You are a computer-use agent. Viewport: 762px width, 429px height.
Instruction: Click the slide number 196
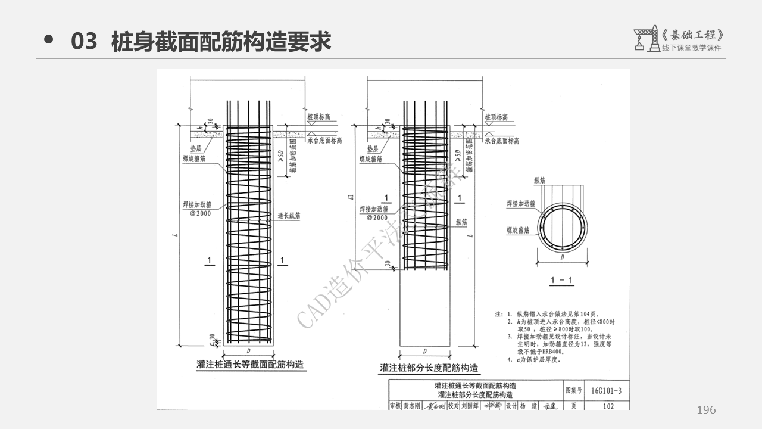coord(706,410)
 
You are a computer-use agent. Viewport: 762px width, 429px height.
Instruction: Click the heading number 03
coord(83,42)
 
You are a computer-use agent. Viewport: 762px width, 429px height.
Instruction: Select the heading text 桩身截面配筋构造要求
coord(221,42)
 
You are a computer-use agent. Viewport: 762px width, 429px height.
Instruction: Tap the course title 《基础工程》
coord(695,35)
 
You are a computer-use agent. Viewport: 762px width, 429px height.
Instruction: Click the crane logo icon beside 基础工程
coord(645,39)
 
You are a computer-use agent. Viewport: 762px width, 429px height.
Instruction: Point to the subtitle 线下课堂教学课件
coord(691,48)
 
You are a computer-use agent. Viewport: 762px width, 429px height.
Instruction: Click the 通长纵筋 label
coord(289,216)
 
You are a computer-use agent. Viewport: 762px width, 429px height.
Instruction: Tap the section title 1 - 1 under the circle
coord(561,280)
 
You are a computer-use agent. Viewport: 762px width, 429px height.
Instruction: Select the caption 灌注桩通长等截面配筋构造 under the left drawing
coord(252,364)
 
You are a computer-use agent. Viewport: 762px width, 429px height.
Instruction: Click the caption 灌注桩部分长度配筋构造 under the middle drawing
coord(429,368)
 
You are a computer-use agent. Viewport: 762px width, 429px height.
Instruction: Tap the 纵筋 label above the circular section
coord(539,179)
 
